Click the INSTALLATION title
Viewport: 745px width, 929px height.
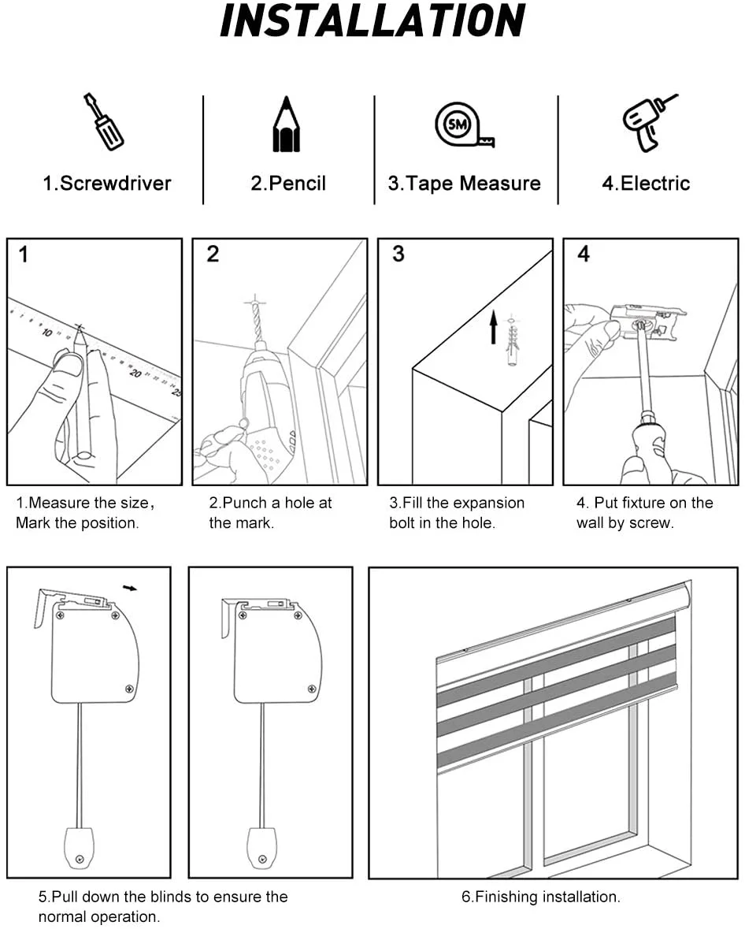372,21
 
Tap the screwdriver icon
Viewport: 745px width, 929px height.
104,121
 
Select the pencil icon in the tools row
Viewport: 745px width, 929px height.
287,125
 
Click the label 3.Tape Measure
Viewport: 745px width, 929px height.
464,184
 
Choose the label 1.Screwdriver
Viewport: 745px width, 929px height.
106,184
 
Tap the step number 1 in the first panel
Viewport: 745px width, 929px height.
24,255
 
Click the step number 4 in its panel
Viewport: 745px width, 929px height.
583,255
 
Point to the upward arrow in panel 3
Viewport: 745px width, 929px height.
494,327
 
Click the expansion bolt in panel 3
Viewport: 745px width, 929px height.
513,340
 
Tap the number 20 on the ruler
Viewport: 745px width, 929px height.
135,372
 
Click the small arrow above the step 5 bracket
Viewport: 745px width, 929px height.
130,587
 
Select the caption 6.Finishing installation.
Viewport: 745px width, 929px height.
540,897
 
